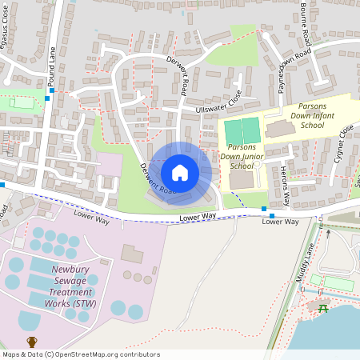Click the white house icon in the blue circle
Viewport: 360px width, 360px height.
click(x=180, y=172)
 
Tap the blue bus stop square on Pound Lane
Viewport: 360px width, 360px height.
click(x=52, y=90)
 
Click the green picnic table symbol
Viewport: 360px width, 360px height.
click(x=322, y=308)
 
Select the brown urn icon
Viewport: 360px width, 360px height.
click(x=32, y=342)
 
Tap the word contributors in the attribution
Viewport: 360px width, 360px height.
click(x=141, y=354)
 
